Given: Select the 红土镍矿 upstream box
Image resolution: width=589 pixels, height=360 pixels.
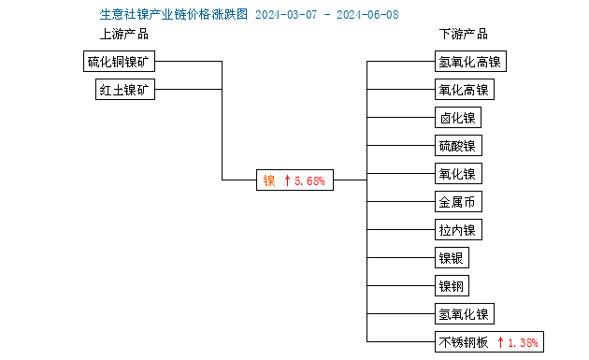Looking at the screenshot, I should [125, 90].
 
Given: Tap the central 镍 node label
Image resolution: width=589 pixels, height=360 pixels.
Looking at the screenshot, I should [269, 180].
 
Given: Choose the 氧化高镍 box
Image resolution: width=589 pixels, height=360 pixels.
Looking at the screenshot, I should [464, 90].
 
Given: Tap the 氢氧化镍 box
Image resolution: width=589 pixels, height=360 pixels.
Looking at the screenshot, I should [464, 314].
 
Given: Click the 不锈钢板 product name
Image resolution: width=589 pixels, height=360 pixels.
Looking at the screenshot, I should [464, 342].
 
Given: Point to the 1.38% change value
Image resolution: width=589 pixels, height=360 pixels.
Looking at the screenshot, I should [521, 342].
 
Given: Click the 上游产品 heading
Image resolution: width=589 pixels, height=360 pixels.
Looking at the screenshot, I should [124, 35].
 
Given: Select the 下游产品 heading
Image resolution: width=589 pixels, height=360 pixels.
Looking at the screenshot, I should [464, 35].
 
